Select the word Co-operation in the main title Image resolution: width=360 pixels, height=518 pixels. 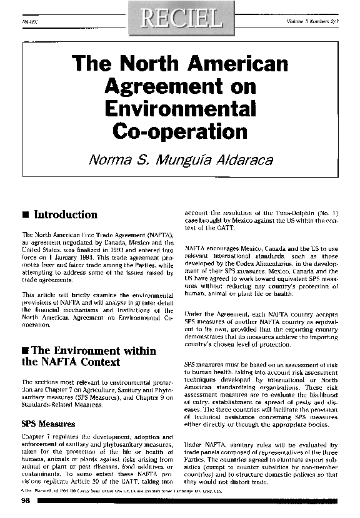click(x=180, y=131)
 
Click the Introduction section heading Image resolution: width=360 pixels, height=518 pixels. click(x=65, y=215)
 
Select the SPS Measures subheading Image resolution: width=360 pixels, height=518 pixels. click(x=48, y=424)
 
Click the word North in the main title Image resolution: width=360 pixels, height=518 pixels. click(x=139, y=64)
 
